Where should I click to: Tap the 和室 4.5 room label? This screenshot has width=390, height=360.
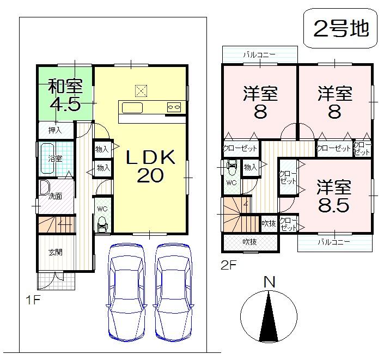point(65,95)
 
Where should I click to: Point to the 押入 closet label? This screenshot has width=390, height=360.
point(54,130)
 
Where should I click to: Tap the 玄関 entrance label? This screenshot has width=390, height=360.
point(54,252)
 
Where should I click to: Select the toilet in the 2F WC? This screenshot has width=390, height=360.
point(231,166)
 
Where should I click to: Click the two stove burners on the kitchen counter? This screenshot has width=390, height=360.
point(174,107)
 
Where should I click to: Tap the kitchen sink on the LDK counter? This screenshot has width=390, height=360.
point(132,107)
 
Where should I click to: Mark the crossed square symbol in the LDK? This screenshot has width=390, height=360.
point(141,89)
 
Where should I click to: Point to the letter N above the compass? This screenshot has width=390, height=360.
point(269,282)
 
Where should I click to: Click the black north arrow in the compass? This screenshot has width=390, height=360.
point(269,318)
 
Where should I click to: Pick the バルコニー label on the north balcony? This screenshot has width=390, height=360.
point(259,54)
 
